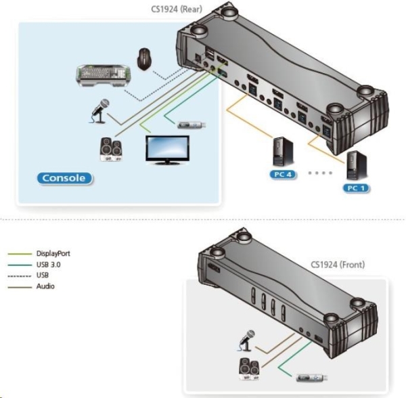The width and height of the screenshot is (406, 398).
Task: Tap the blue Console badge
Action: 64,178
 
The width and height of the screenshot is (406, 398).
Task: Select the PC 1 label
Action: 355,187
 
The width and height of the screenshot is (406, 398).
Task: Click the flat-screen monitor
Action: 167,149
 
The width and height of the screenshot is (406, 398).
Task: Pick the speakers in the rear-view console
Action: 110,149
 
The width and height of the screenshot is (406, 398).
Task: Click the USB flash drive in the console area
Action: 191,125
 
